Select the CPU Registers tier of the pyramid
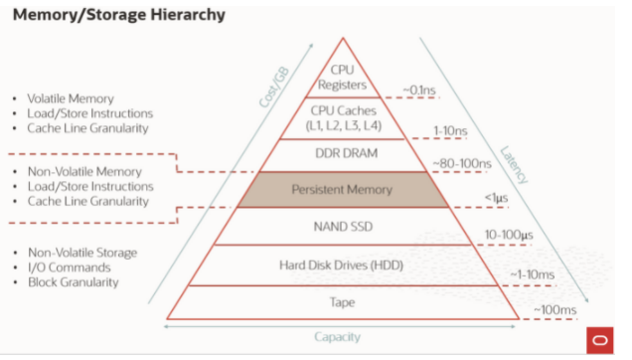click(343, 77)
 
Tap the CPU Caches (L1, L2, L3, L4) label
click(343, 117)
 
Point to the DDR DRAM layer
click(343, 154)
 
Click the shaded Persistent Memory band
click(343, 189)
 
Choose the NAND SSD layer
click(343, 227)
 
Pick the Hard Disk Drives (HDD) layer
click(343, 265)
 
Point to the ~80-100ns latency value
click(464, 162)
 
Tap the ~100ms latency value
click(555, 310)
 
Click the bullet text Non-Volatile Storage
click(81, 252)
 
